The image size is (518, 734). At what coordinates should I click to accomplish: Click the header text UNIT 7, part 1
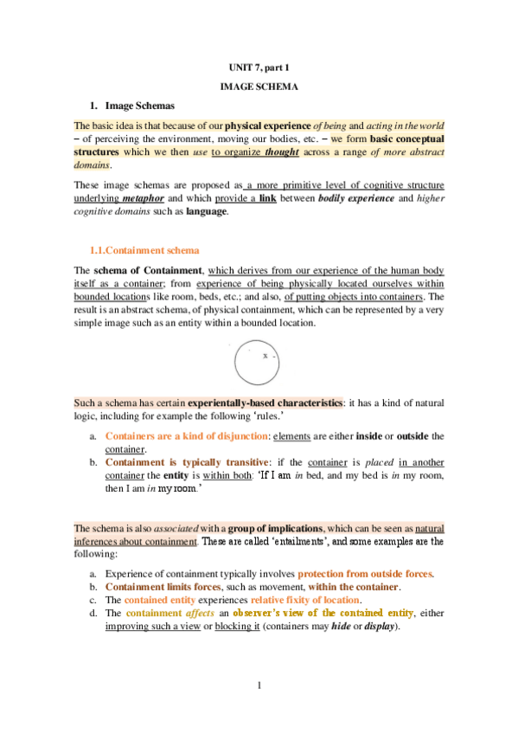pos(259,68)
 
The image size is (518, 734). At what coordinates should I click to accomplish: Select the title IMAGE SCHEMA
pos(259,87)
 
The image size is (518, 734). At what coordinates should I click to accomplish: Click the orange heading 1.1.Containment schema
pos(150,251)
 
